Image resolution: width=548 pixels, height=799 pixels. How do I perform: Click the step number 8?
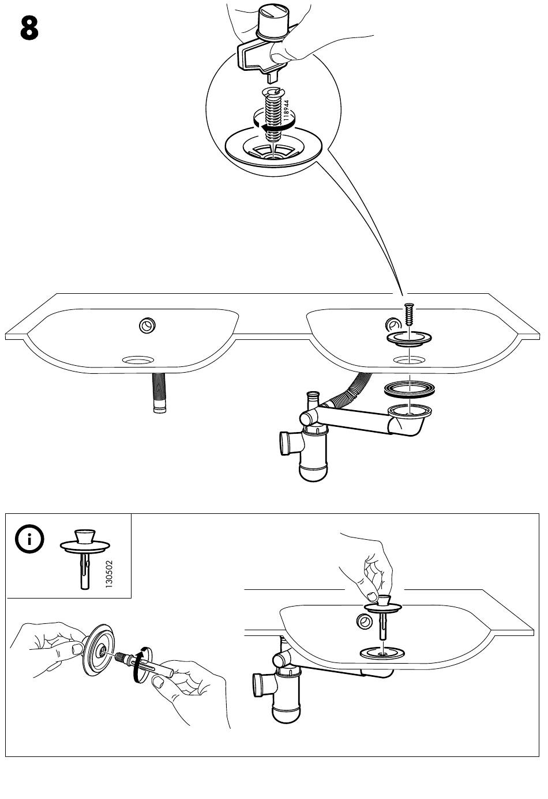point(29,28)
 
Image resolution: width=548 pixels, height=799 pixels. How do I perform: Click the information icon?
point(29,540)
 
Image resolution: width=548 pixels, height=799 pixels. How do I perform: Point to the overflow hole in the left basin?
point(148,325)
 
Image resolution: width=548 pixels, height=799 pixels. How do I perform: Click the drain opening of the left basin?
point(138,360)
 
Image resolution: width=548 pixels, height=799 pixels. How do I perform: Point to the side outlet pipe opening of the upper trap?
point(284,445)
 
